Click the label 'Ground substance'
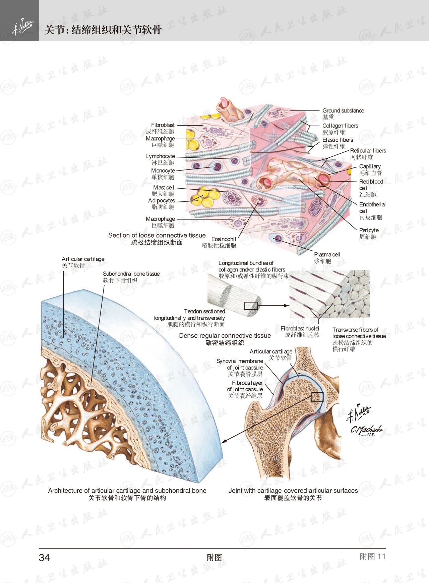click(343, 111)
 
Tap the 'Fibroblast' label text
click(163, 125)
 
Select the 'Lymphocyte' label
click(160, 156)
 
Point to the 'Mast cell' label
click(164, 188)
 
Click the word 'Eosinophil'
click(224, 239)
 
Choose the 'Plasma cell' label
click(327, 255)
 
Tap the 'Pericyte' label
click(369, 231)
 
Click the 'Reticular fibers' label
click(368, 151)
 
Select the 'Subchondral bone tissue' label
click(131, 274)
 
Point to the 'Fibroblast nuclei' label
click(300, 329)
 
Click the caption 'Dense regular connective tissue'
click(225, 336)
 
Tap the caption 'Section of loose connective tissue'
click(157, 236)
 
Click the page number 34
click(44, 557)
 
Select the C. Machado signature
click(366, 430)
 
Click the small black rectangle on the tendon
click(251, 306)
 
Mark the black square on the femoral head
click(317, 397)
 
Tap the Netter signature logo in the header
click(22, 27)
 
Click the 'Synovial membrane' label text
click(239, 361)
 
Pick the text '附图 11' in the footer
click(372, 557)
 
